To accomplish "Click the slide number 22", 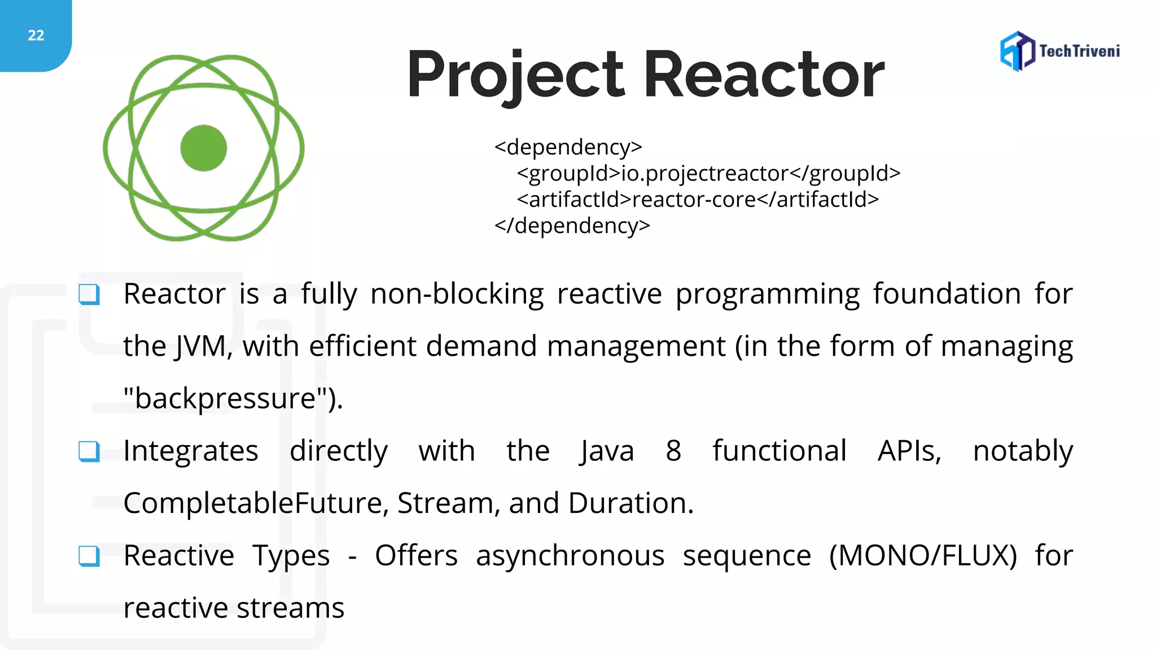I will (36, 36).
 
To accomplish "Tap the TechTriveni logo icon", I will (1017, 51).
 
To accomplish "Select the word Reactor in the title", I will (763, 75).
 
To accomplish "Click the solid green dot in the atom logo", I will (204, 148).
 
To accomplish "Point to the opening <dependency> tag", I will (568, 147).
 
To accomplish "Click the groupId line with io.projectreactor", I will (708, 173).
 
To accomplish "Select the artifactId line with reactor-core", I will (698, 200).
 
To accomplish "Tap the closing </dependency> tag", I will (572, 226).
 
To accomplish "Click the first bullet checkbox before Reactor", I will (89, 294).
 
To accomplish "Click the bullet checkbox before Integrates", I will (89, 451).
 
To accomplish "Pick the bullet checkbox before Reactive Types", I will (89, 556).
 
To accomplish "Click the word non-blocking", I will (457, 294).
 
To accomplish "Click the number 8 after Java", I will (673, 451).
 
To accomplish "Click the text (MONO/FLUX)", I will (923, 556).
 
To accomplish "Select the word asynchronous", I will (570, 556).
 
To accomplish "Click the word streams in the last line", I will (290, 608).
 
